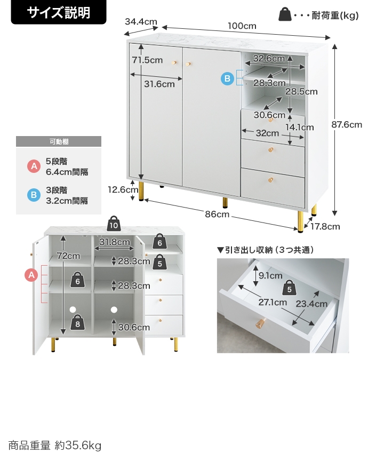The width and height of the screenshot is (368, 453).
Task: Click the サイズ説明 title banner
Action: point(59,13)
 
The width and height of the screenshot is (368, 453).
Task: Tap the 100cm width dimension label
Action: point(242,26)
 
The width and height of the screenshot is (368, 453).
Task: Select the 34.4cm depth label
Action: point(141,22)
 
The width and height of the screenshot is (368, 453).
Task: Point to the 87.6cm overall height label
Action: point(347,125)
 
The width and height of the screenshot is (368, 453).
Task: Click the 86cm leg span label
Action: point(217,214)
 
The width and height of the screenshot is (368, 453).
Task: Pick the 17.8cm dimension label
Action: point(325,226)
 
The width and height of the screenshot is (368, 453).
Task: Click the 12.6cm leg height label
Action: point(123,189)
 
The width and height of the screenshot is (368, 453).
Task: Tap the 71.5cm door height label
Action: point(147,60)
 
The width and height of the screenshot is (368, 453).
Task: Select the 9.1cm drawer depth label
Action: point(270,275)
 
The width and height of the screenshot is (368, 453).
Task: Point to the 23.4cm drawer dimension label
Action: point(311,304)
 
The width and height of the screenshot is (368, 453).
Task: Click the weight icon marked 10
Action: point(114,223)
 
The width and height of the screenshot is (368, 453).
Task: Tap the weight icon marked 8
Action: point(78,322)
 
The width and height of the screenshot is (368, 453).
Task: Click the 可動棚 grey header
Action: point(59,141)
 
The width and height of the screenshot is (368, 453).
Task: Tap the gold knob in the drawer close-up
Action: point(260,324)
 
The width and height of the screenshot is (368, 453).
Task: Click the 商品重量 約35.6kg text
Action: point(54,445)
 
